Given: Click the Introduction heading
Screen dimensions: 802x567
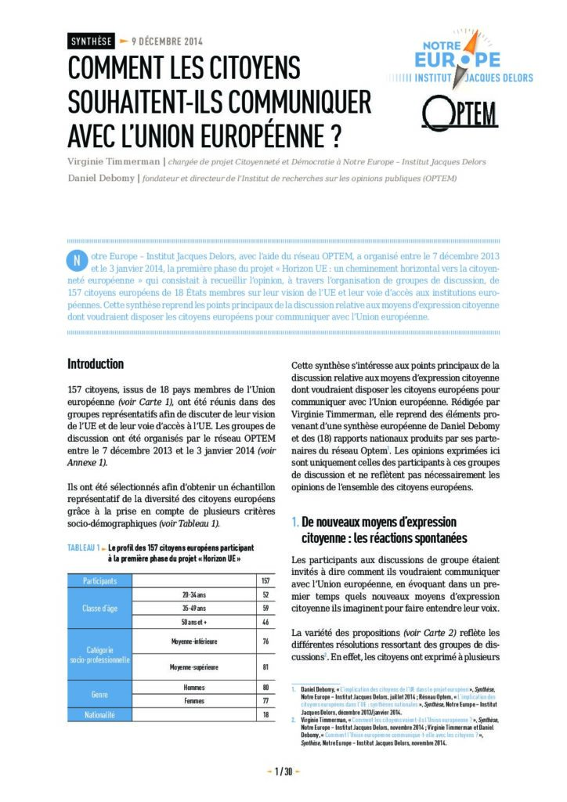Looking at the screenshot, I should coord(96,364).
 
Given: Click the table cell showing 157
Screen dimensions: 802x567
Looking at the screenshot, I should coord(265,581).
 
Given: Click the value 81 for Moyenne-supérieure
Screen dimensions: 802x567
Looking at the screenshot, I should coord(265,667).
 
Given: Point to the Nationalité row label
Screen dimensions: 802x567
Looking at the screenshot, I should coord(99,715).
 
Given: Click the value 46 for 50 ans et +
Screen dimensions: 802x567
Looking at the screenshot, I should coord(265,622).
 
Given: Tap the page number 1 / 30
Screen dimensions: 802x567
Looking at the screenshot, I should coord(283,772).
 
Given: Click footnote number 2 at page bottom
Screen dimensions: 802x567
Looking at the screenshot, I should coord(293,717).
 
